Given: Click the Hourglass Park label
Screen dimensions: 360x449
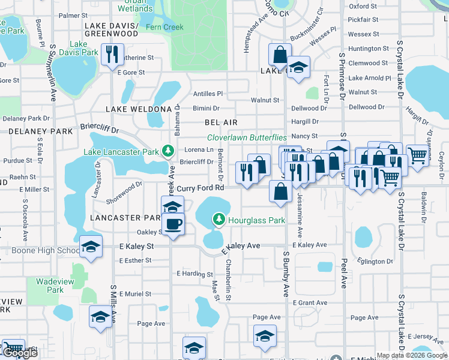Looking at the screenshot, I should [x=256, y=220].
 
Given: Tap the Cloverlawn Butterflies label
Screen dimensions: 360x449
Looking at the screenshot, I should [x=248, y=137].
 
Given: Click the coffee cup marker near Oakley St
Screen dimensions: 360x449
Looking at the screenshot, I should [x=174, y=224].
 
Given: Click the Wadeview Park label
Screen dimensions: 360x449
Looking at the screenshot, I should [x=49, y=286].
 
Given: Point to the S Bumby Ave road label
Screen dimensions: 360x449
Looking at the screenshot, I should [x=286, y=272].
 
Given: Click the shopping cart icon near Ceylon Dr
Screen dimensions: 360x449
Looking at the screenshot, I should [x=417, y=155].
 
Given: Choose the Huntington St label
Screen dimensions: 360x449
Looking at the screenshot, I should [x=368, y=49].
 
